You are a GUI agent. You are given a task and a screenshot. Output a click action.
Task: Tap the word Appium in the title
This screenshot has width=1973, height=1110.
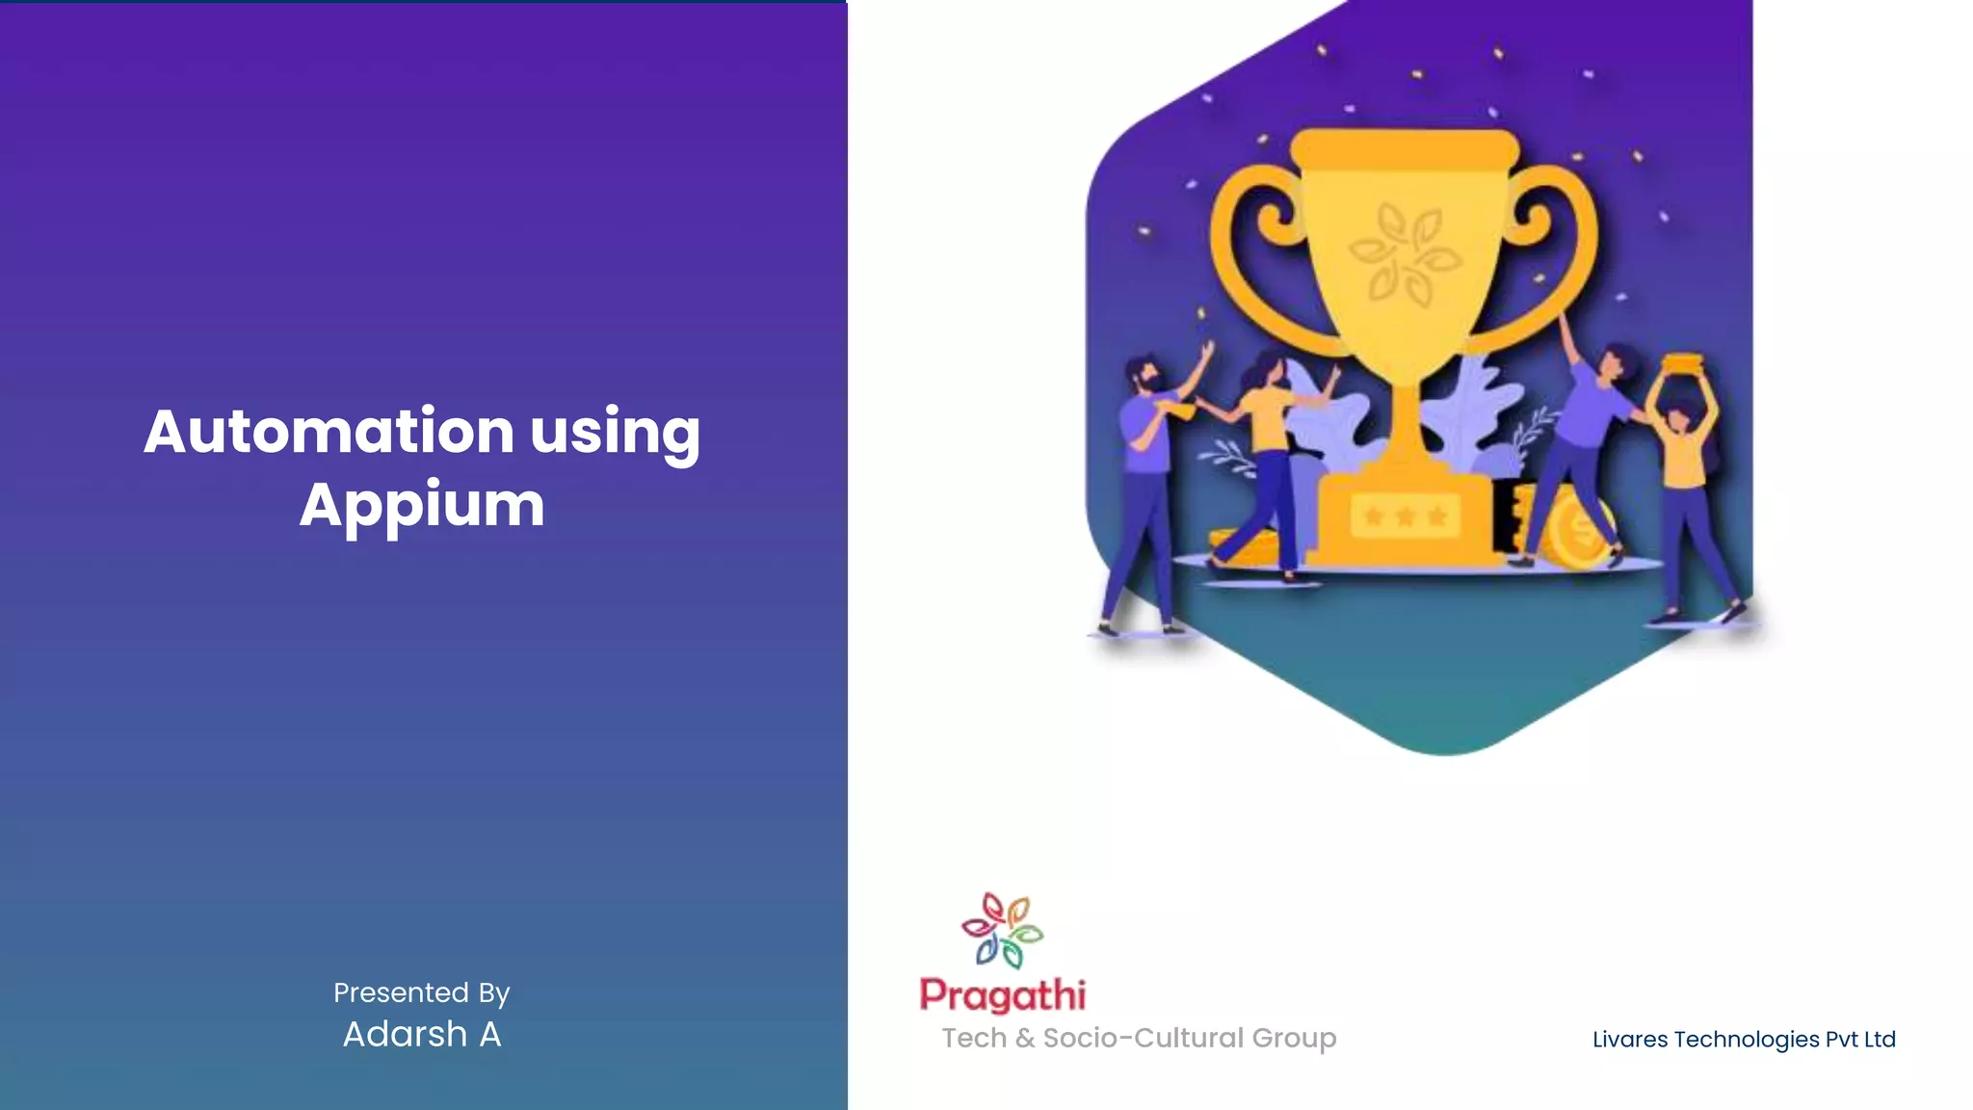pyautogui.click(x=422, y=505)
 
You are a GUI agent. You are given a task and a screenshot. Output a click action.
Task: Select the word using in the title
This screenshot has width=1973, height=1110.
pyautogui.click(x=615, y=433)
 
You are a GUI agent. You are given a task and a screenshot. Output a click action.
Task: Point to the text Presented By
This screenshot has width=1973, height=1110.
pyautogui.click(x=421, y=992)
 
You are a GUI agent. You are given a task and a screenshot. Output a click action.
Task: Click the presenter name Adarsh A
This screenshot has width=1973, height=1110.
pyautogui.click(x=422, y=1034)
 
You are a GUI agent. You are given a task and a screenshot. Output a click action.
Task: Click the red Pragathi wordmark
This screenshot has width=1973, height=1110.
pyautogui.click(x=1003, y=995)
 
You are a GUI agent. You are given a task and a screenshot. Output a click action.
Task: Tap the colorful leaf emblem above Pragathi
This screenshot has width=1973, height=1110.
pyautogui.click(x=1002, y=930)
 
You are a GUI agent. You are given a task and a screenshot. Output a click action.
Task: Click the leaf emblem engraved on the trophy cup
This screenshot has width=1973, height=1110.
pyautogui.click(x=1404, y=253)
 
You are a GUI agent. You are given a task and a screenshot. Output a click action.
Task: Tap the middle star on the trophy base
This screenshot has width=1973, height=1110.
pyautogui.click(x=1406, y=516)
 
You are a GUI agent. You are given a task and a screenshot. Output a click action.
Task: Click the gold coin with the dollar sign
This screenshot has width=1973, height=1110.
pyautogui.click(x=1578, y=529)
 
